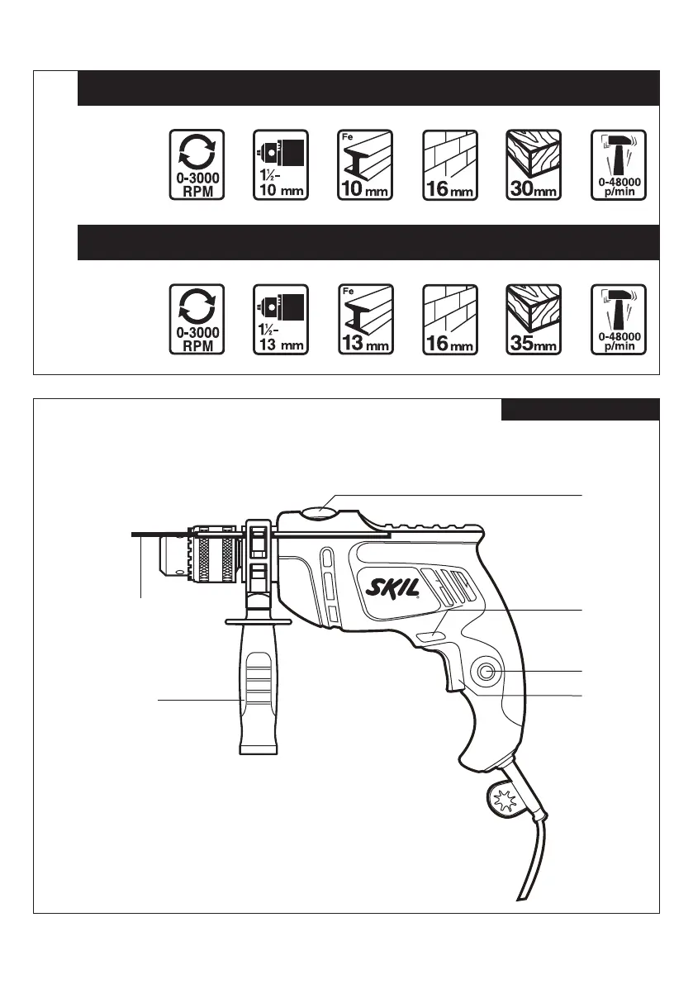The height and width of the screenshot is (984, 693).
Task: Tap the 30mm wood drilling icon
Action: pyautogui.click(x=533, y=164)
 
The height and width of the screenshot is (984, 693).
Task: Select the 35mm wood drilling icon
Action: pyautogui.click(x=533, y=320)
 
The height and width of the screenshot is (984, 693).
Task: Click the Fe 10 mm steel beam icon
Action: pyautogui.click(x=365, y=164)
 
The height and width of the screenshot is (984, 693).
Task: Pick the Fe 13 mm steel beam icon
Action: pyautogui.click(x=365, y=320)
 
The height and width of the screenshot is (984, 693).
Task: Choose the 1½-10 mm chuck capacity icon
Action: pyautogui.click(x=280, y=164)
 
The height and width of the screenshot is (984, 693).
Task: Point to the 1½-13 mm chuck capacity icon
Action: pyautogui.click(x=280, y=320)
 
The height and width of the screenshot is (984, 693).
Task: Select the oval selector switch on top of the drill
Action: pyautogui.click(x=320, y=513)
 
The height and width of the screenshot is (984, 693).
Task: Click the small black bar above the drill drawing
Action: pyautogui.click(x=580, y=410)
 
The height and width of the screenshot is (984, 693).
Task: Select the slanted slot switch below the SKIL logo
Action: pyautogui.click(x=430, y=635)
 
